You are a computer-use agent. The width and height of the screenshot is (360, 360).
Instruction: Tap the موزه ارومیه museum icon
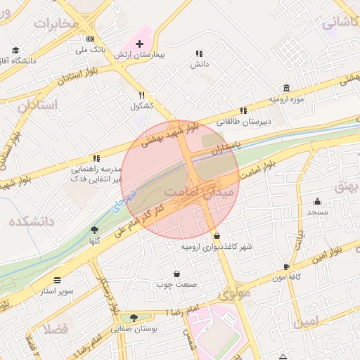pyautogui.click(x=286, y=88)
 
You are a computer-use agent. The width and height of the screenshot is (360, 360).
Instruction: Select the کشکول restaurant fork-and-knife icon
pyautogui.click(x=141, y=96)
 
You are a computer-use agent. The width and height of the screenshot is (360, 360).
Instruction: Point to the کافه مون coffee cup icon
pyautogui.click(x=286, y=266)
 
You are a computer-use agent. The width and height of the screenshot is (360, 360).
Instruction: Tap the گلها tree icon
pyautogui.click(x=94, y=230)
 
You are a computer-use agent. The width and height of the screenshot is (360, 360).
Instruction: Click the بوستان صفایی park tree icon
pyautogui.click(x=134, y=318)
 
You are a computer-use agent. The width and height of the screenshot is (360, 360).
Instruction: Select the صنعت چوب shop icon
pyautogui.click(x=177, y=274)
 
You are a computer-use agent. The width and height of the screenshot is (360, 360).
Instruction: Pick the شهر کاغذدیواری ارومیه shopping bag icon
pyautogui.click(x=216, y=236)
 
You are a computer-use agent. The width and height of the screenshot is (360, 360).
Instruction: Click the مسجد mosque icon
pyautogui.click(x=317, y=201)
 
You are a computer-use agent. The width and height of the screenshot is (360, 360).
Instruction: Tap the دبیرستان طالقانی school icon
pyautogui.click(x=243, y=110)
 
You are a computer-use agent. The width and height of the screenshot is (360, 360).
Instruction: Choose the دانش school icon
pyautogui.click(x=200, y=53)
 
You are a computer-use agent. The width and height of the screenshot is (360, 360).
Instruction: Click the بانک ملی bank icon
pyautogui.click(x=89, y=39)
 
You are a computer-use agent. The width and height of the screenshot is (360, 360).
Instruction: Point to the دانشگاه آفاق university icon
pyautogui.click(x=15, y=51)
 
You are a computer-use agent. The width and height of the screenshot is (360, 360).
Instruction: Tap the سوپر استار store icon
pyautogui.click(x=56, y=279)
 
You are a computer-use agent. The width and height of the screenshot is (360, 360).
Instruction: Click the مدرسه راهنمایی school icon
pyautogui.click(x=96, y=159)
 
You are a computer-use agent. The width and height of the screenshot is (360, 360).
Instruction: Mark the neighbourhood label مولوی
pyautogui.click(x=234, y=293)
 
